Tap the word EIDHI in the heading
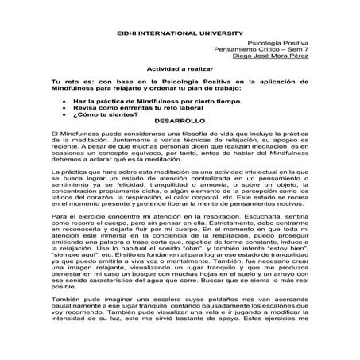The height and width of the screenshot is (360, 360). click(130, 15)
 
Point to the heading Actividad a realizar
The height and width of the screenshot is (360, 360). click(179, 69)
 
